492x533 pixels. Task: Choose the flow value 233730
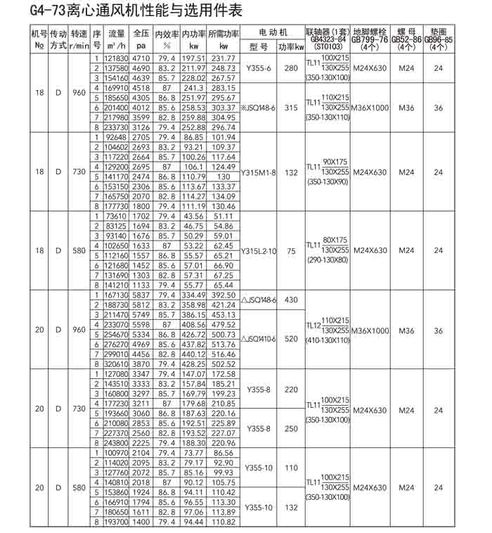click(116, 127)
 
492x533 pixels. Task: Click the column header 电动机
click(273, 33)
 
